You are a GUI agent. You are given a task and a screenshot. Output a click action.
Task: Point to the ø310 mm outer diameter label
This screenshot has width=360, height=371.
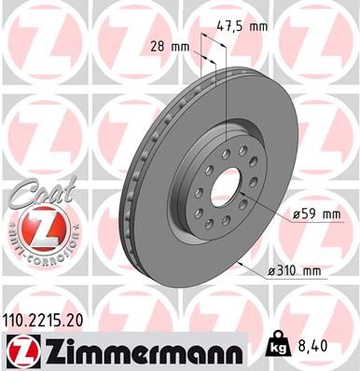point(294,272)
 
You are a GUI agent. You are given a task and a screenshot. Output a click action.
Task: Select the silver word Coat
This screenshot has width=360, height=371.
point(35,193)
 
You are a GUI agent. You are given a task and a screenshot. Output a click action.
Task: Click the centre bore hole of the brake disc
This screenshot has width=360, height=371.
point(225,185)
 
